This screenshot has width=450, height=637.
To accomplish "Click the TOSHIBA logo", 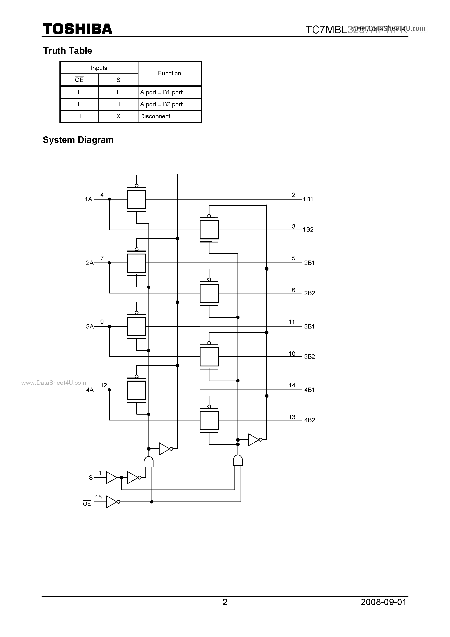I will click(77, 29).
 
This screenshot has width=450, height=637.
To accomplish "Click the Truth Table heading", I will click(67, 51).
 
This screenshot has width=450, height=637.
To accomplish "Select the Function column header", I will click(169, 73).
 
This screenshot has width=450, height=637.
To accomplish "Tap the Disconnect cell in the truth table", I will click(155, 116).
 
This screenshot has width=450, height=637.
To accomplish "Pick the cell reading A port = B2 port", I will click(161, 104).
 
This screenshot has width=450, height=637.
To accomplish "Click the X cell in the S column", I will click(118, 116).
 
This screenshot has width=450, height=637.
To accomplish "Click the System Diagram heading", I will click(78, 140).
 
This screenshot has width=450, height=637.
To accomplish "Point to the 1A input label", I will click(88, 199).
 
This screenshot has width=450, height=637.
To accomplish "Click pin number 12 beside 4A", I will click(103, 385).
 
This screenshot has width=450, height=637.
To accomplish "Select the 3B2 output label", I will click(309, 356).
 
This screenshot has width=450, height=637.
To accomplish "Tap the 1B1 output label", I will click(308, 199).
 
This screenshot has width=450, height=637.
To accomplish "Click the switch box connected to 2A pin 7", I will click(137, 263).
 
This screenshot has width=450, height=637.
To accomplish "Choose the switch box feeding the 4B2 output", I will click(209, 420).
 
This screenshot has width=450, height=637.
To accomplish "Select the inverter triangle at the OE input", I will click(111, 502).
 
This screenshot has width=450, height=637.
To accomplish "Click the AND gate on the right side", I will click(238, 461).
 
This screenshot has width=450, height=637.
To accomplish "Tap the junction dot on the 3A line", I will click(109, 326).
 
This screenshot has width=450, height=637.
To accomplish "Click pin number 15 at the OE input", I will click(98, 497).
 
